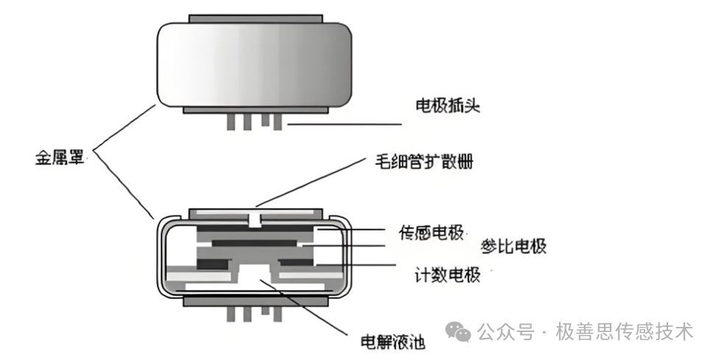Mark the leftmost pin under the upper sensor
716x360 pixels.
pos(231,120)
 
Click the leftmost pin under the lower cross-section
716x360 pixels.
pos(231,314)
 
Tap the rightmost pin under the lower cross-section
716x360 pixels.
pos(277,314)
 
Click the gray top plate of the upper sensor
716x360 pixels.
pos(255,17)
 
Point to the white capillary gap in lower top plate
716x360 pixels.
pos(255,217)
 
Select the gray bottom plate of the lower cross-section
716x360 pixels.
pos(254,301)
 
